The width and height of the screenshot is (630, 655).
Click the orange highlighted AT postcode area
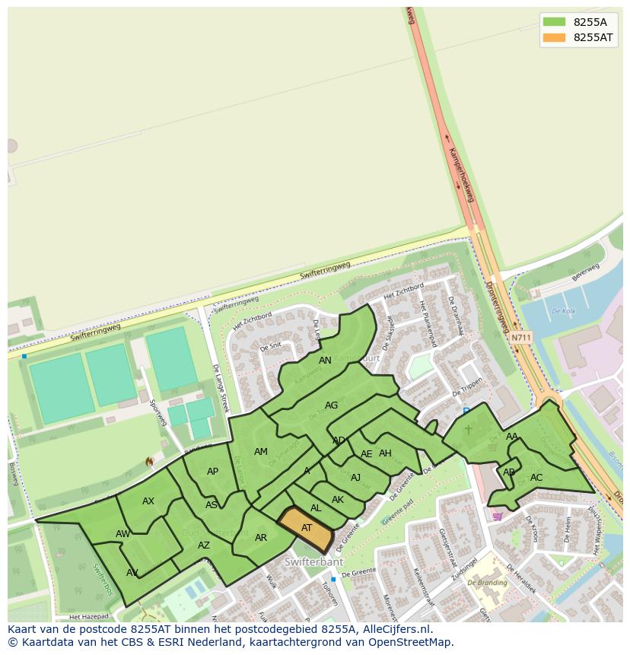click(306, 528)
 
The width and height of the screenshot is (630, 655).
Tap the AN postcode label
click(325, 361)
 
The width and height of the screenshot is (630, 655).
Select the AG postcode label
click(331, 405)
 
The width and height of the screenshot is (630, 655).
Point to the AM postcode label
click(261, 452)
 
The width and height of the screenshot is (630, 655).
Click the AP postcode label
click(212, 472)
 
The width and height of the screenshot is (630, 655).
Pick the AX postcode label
click(148, 501)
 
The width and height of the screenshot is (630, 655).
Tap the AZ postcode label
click(204, 545)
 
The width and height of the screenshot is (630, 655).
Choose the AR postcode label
click(261, 538)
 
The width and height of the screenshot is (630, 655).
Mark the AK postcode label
click(338, 500)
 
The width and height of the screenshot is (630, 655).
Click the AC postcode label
click(536, 478)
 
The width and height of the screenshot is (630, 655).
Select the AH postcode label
click(385, 453)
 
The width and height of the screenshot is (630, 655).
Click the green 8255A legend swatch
click(554, 22)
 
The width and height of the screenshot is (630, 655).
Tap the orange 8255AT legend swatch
click(554, 37)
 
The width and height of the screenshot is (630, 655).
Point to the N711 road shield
click(521, 338)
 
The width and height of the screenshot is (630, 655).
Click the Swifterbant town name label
click(313, 562)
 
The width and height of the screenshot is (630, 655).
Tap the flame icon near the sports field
click(149, 462)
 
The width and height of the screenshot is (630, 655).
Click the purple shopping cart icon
click(498, 516)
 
